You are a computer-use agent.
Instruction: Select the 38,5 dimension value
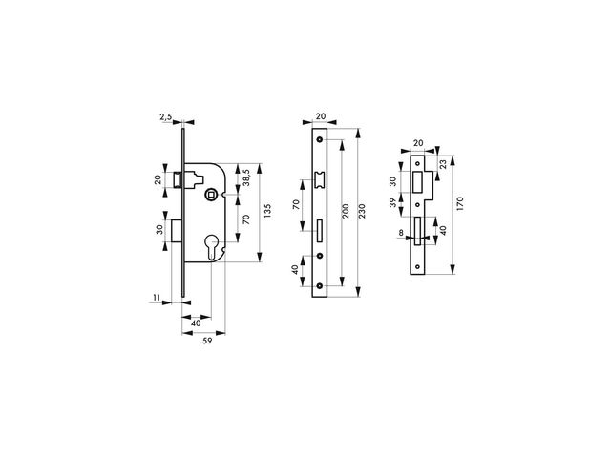(245, 177)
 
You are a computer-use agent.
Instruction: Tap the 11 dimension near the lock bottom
(155, 299)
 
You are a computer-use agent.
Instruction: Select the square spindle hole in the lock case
(210, 196)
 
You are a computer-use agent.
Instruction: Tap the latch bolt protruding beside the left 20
(179, 178)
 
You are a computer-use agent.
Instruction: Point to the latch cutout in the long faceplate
(320, 179)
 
